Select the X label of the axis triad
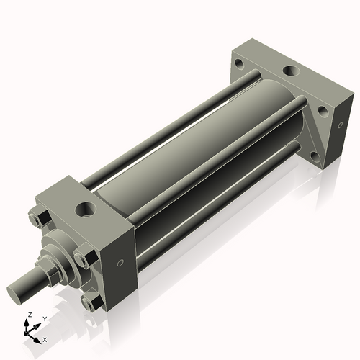(45, 338)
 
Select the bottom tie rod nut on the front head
(90, 303)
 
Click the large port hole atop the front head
(86, 210)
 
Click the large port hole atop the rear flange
(291, 71)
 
